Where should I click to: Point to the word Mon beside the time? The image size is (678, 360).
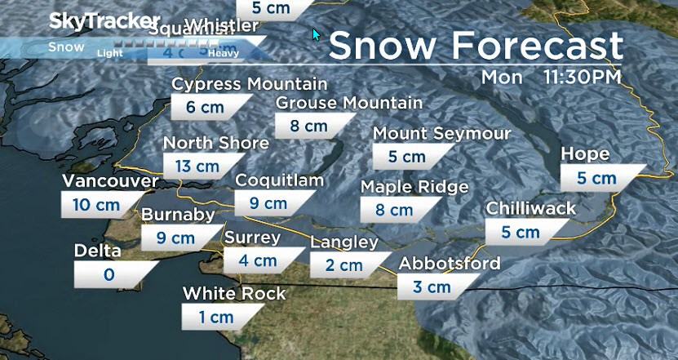coord(501,78)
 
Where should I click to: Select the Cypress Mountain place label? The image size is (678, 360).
coord(250,84)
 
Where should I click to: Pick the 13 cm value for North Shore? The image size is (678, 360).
coord(197,166)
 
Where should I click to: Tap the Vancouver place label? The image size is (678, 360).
coord(109,181)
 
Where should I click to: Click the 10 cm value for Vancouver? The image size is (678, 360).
coord(95,204)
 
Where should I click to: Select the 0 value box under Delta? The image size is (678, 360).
coord(109,274)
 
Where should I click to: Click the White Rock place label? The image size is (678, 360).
coord(234,293)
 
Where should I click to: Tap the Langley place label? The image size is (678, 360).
coord(344,242)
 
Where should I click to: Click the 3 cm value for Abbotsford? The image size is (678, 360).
coord(432,287)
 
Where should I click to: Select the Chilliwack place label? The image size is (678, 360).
coord(531,209)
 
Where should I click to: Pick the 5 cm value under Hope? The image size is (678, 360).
coord(596,178)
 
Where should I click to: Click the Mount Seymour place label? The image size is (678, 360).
coord(442,133)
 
